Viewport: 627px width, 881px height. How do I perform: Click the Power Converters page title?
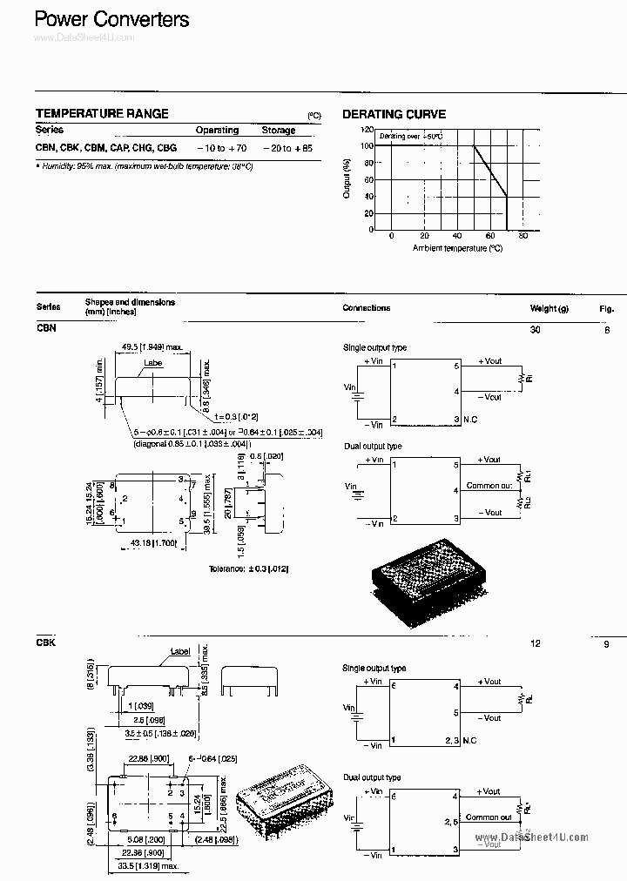click(x=111, y=19)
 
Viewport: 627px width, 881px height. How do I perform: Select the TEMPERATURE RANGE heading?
click(x=102, y=114)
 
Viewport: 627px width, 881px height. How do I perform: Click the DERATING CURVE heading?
click(x=394, y=114)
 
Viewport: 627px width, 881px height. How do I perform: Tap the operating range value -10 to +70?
click(x=217, y=149)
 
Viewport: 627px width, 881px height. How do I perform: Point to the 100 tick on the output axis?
click(x=367, y=145)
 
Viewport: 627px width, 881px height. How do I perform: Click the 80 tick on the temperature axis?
click(x=522, y=236)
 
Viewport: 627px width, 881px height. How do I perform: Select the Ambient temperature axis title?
click(x=457, y=248)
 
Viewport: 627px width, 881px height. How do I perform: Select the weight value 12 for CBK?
click(x=536, y=643)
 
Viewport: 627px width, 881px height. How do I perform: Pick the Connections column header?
click(x=367, y=308)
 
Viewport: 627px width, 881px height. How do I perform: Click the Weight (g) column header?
click(x=549, y=308)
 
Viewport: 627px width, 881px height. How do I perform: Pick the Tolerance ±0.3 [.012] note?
click(x=248, y=568)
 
